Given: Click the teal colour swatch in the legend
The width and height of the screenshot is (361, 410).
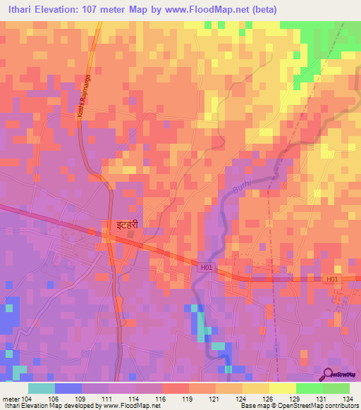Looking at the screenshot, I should pyautogui.click(x=42, y=388).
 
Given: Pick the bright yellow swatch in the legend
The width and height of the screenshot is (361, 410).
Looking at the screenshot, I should pyautogui.click(x=282, y=388).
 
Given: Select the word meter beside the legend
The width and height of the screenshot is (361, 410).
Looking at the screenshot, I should pyautogui.click(x=11, y=398).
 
